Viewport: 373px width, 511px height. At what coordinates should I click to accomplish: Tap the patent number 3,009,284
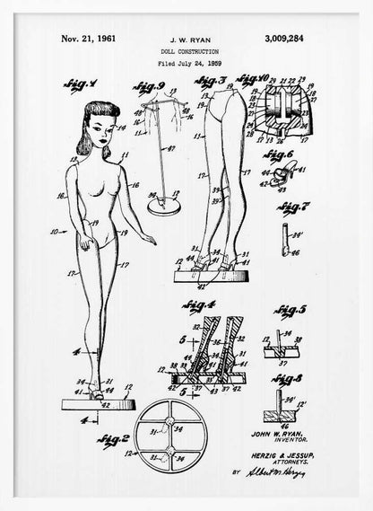coord(292,40)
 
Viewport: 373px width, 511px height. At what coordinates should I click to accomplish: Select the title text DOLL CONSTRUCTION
coord(188,53)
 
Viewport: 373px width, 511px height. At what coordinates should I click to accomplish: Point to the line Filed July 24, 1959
coord(188,65)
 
